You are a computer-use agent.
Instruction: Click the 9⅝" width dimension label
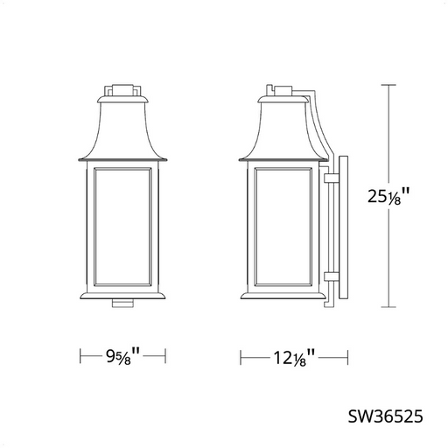(122, 356)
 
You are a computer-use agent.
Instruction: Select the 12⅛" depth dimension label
(294, 358)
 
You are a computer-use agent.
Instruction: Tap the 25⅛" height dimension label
(388, 196)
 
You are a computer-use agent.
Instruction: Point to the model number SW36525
(385, 416)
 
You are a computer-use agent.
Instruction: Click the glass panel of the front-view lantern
(122, 227)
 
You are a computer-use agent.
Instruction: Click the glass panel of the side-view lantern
(283, 227)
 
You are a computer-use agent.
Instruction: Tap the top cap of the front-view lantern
(122, 90)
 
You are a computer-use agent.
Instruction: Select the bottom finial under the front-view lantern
(122, 304)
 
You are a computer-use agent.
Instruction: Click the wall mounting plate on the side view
(344, 227)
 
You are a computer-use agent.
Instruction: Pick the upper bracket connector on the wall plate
(332, 178)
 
